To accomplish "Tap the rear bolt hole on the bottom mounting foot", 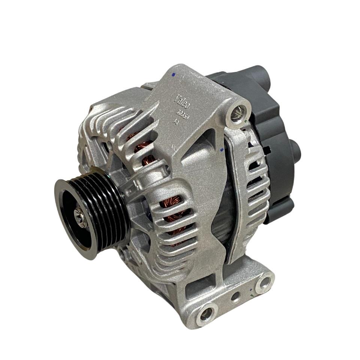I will click(x=265, y=282).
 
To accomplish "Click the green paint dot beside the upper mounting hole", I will click(x=244, y=121).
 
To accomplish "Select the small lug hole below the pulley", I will click(x=123, y=255).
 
